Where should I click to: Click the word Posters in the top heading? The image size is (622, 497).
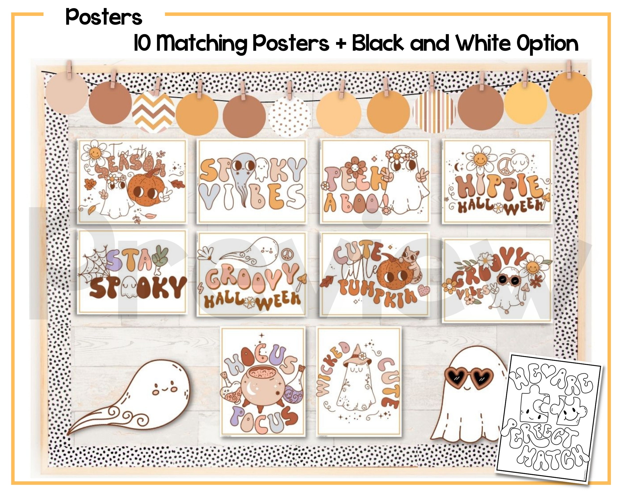click(104, 17)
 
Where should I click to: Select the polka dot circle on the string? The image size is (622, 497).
click(289, 117)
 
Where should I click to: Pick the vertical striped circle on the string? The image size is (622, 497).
click(434, 112)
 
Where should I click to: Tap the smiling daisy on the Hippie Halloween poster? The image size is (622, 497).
click(480, 158)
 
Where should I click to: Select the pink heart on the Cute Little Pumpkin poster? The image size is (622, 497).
click(423, 291)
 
